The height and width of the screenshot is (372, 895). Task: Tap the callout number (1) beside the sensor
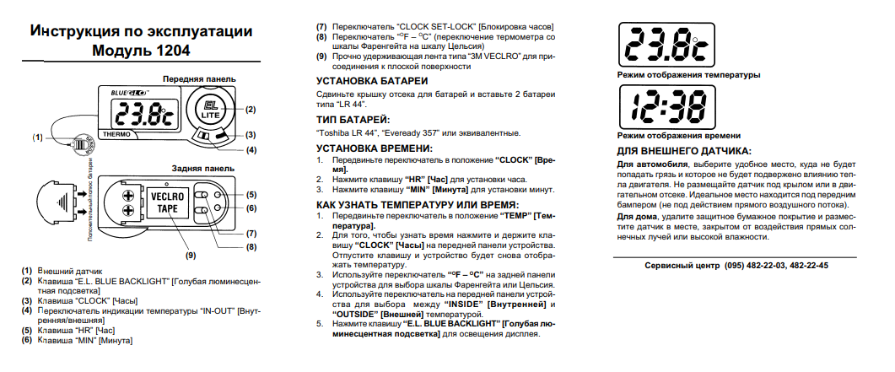[37, 137]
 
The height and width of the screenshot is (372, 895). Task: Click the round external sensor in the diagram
[79, 143]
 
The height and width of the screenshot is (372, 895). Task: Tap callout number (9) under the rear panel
[190, 254]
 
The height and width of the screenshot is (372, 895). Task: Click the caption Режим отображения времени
[679, 135]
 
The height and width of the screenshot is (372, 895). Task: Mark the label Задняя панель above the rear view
[202, 168]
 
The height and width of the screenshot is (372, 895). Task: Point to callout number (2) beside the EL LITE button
[250, 109]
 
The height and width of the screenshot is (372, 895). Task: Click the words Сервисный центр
[680, 265]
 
